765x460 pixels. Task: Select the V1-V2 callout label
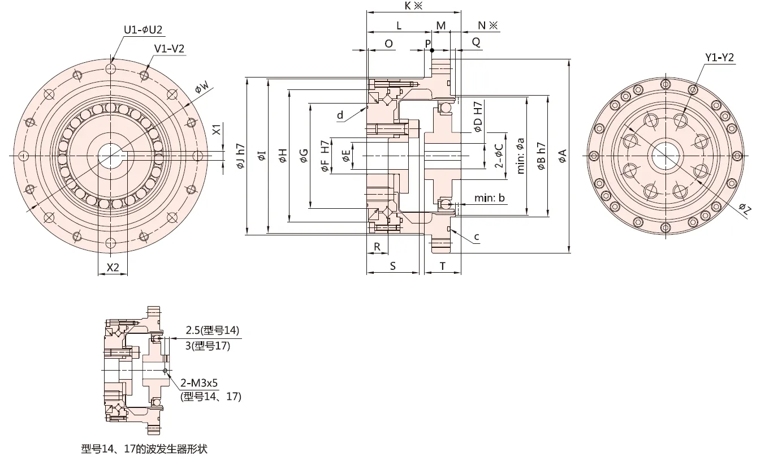170,49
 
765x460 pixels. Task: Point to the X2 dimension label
113,268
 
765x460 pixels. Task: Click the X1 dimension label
216,130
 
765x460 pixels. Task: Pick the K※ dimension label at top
414,6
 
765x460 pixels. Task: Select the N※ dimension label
487,25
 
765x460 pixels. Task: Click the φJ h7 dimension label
241,156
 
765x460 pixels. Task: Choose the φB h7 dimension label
541,156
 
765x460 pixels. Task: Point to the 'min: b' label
490,198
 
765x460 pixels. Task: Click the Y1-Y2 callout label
719,57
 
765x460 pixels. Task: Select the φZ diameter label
745,209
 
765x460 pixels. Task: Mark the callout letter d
340,115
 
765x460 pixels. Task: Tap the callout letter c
477,237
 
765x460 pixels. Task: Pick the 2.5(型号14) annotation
213,331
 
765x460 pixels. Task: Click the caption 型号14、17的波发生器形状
144,449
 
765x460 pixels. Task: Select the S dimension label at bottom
392,265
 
